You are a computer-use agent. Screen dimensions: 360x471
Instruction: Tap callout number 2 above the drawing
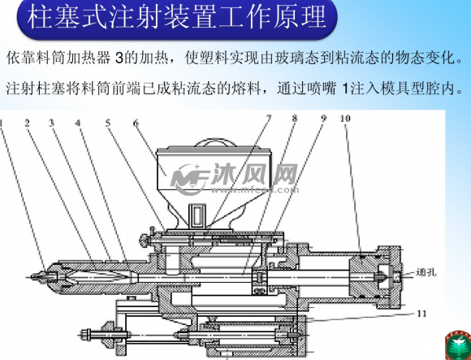pos(27,124)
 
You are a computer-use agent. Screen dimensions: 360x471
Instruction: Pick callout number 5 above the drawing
pos(107,124)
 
